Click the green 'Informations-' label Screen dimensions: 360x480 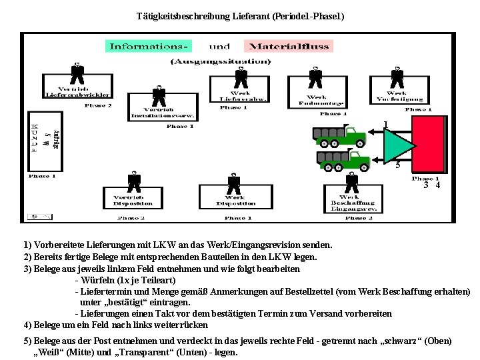tap(148, 46)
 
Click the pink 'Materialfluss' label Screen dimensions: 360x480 tap(289, 46)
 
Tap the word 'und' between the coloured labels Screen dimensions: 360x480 tap(219, 46)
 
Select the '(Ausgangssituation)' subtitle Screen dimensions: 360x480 tap(221, 61)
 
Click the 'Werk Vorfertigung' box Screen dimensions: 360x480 tap(397, 96)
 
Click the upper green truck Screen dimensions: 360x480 tap(340, 135)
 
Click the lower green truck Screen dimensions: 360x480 tap(344, 159)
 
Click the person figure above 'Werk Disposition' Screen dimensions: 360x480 tap(234, 183)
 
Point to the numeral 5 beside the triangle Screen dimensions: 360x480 tap(397, 165)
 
